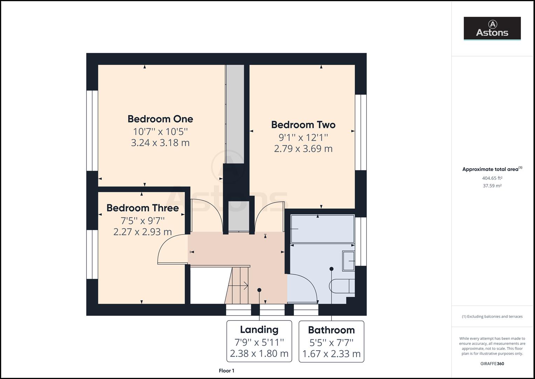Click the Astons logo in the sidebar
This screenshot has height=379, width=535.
tap(492, 28)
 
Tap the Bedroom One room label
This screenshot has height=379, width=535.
tap(160, 119)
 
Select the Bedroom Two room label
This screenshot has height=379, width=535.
tap(303, 125)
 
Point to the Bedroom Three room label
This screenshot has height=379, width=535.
tap(143, 208)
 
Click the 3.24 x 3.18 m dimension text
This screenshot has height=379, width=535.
tap(160, 143)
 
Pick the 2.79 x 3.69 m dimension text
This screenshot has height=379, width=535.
tap(303, 149)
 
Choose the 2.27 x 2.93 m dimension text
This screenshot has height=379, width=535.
tap(143, 232)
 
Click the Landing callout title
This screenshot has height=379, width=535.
tap(259, 330)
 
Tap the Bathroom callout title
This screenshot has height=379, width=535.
tap(331, 330)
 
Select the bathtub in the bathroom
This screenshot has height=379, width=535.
tap(322, 229)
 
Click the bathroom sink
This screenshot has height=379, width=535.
tap(348, 261)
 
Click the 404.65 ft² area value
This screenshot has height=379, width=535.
tap(492, 178)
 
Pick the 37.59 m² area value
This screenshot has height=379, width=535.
tap(492, 186)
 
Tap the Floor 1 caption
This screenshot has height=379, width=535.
tap(226, 371)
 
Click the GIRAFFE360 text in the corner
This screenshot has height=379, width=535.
tap(492, 364)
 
